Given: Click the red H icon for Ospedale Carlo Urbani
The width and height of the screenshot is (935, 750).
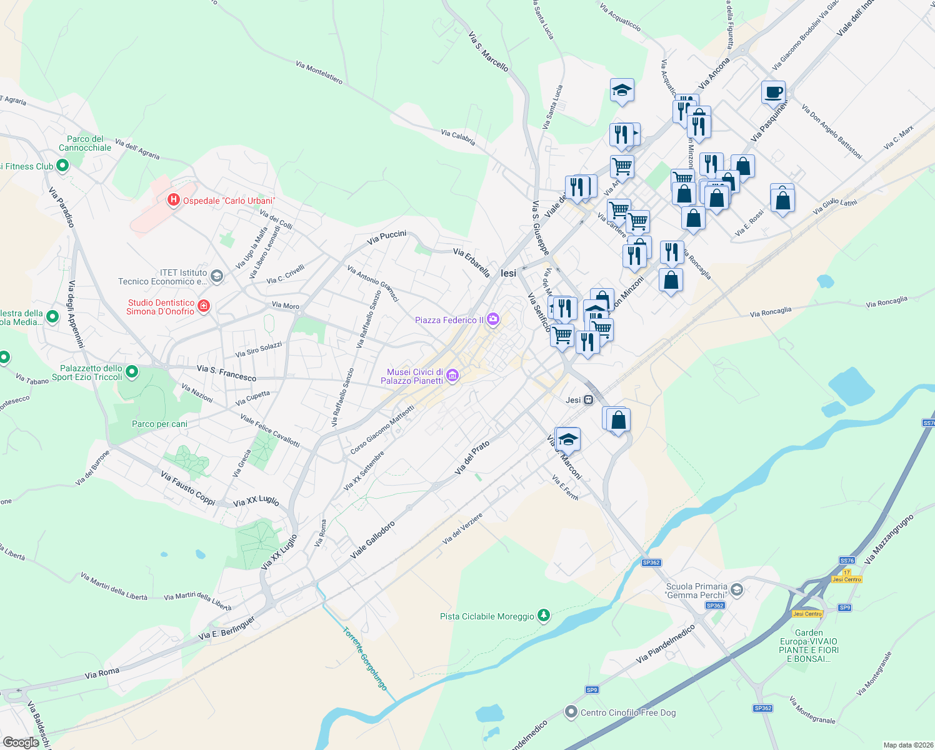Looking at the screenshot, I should (x=173, y=201).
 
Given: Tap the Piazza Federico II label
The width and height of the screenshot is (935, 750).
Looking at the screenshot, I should (x=449, y=320).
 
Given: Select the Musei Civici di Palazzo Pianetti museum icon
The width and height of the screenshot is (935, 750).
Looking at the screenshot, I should (x=452, y=376).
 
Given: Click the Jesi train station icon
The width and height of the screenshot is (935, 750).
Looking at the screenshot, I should (x=588, y=400).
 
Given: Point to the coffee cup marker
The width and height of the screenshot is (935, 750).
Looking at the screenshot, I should (x=773, y=92).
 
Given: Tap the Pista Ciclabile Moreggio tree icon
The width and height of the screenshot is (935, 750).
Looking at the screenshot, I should (x=544, y=616).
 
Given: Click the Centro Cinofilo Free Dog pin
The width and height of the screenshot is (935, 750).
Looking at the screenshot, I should (x=571, y=712).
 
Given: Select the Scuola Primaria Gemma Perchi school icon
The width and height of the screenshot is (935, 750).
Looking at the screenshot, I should (x=737, y=590).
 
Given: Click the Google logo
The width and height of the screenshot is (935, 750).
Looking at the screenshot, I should (x=21, y=742).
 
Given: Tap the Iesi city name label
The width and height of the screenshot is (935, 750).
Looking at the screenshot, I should (x=509, y=273).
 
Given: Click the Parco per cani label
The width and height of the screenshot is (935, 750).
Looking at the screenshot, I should (x=159, y=424).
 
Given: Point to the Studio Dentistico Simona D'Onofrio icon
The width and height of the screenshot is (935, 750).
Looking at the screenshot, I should (x=203, y=306).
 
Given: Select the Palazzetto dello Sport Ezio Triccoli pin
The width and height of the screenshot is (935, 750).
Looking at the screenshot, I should (x=132, y=372).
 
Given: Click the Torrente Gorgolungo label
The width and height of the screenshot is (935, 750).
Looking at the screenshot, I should (x=365, y=658).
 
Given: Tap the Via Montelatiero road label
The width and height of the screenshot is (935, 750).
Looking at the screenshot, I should (x=319, y=72).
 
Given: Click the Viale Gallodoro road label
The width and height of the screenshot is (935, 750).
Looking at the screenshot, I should (x=372, y=540).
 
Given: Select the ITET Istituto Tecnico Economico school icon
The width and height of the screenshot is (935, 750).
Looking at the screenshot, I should (x=217, y=276).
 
